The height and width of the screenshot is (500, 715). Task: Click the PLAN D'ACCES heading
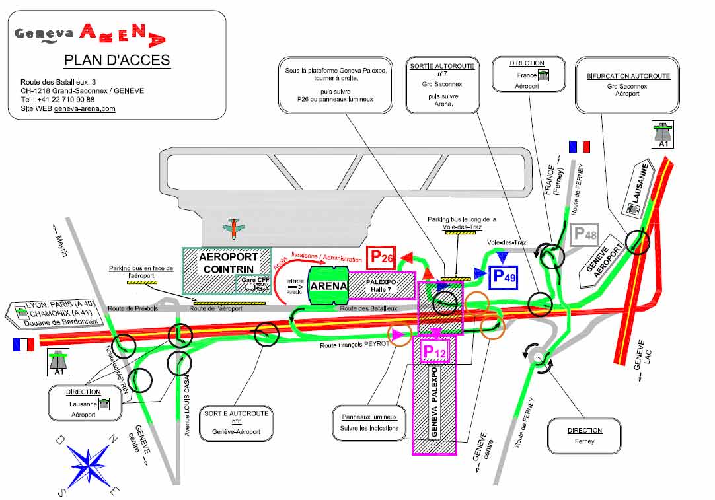tap(117, 60)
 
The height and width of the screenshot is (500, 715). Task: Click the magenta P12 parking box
tap(434, 352)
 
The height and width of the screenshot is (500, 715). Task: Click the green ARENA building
tap(328, 285)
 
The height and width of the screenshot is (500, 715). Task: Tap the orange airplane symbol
tap(233, 228)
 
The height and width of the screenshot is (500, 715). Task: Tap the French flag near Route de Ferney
tap(579, 147)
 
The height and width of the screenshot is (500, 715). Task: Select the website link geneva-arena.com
tap(85, 108)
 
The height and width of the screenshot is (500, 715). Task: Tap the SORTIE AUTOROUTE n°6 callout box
tap(237, 423)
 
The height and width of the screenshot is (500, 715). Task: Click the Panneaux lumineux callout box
tap(370, 422)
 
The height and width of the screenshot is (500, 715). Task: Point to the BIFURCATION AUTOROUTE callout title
tap(628, 76)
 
